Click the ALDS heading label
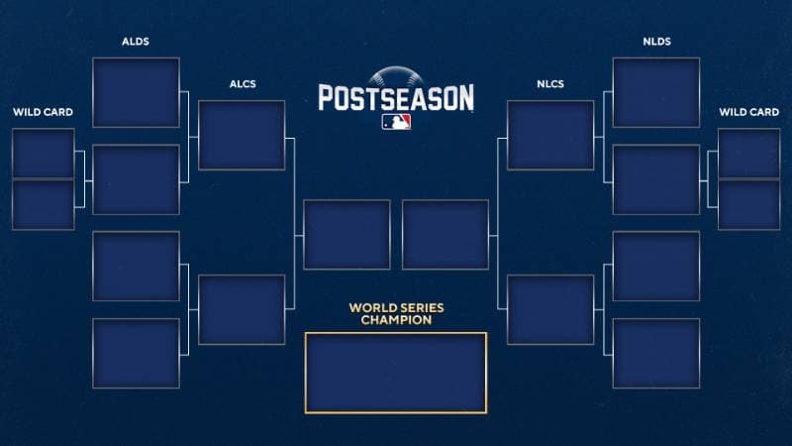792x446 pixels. [x=136, y=42]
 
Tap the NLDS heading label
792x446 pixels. [x=656, y=42]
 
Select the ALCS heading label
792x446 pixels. [x=243, y=84]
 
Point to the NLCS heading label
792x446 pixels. [x=550, y=84]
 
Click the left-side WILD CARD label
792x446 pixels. [x=43, y=112]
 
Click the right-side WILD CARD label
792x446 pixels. [x=749, y=112]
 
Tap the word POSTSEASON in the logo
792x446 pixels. [x=396, y=98]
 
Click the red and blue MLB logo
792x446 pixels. [x=396, y=122]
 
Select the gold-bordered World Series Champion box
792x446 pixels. [x=396, y=373]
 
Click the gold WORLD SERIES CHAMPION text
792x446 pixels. [x=396, y=313]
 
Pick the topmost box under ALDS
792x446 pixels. [x=136, y=92]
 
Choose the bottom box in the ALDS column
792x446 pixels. [x=136, y=354]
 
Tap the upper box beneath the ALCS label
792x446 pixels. [x=242, y=135]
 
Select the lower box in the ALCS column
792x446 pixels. [x=242, y=309]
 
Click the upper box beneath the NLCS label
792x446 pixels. [x=550, y=135]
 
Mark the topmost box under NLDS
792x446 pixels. [x=656, y=92]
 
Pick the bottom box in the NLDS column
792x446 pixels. [x=656, y=354]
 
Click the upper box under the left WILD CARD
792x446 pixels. [x=44, y=154]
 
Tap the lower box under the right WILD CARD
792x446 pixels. [x=748, y=205]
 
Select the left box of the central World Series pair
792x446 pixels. [x=347, y=235]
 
